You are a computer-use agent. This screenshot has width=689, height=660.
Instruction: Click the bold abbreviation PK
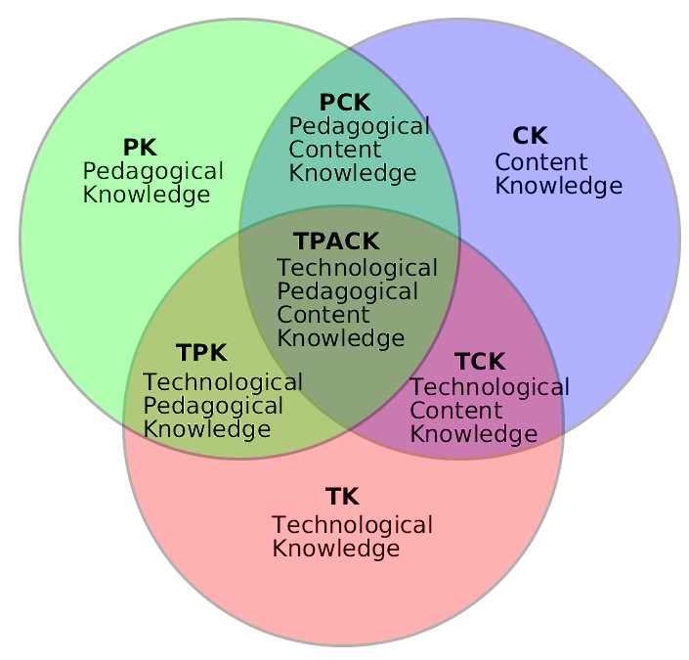(140, 148)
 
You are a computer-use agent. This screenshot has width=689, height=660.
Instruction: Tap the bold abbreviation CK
(530, 136)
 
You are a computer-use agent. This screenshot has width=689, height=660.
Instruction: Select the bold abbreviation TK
(342, 497)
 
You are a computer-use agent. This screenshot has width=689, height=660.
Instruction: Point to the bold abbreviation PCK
(344, 102)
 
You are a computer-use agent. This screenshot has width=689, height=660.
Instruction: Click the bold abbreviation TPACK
(335, 241)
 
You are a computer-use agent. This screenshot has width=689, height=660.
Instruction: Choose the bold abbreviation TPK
(201, 353)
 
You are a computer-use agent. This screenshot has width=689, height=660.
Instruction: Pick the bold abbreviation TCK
(480, 362)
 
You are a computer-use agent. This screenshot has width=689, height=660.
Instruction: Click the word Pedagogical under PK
(152, 172)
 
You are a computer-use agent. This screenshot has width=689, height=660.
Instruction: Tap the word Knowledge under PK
(146, 195)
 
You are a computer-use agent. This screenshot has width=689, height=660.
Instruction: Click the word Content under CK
(540, 162)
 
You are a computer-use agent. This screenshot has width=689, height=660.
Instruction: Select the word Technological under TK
(352, 525)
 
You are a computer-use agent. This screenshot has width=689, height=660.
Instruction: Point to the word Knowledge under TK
(335, 549)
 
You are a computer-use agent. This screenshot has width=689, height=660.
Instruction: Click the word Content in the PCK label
(334, 150)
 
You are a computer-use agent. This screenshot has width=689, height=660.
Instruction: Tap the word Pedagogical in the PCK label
(359, 126)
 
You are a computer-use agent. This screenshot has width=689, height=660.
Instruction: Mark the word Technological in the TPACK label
(357, 268)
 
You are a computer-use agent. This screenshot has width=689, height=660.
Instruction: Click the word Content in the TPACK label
(323, 315)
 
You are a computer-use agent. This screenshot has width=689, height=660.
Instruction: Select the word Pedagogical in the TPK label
(213, 406)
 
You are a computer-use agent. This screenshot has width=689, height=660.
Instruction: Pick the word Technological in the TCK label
(489, 387)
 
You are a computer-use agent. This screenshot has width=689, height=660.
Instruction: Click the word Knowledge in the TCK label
(473, 434)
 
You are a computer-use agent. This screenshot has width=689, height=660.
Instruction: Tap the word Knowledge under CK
(558, 186)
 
